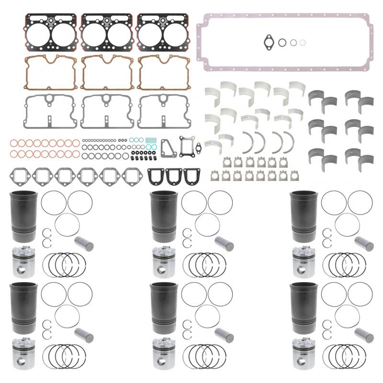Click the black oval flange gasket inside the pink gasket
267,42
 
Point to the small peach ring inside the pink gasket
302,42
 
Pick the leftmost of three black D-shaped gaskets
155,177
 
